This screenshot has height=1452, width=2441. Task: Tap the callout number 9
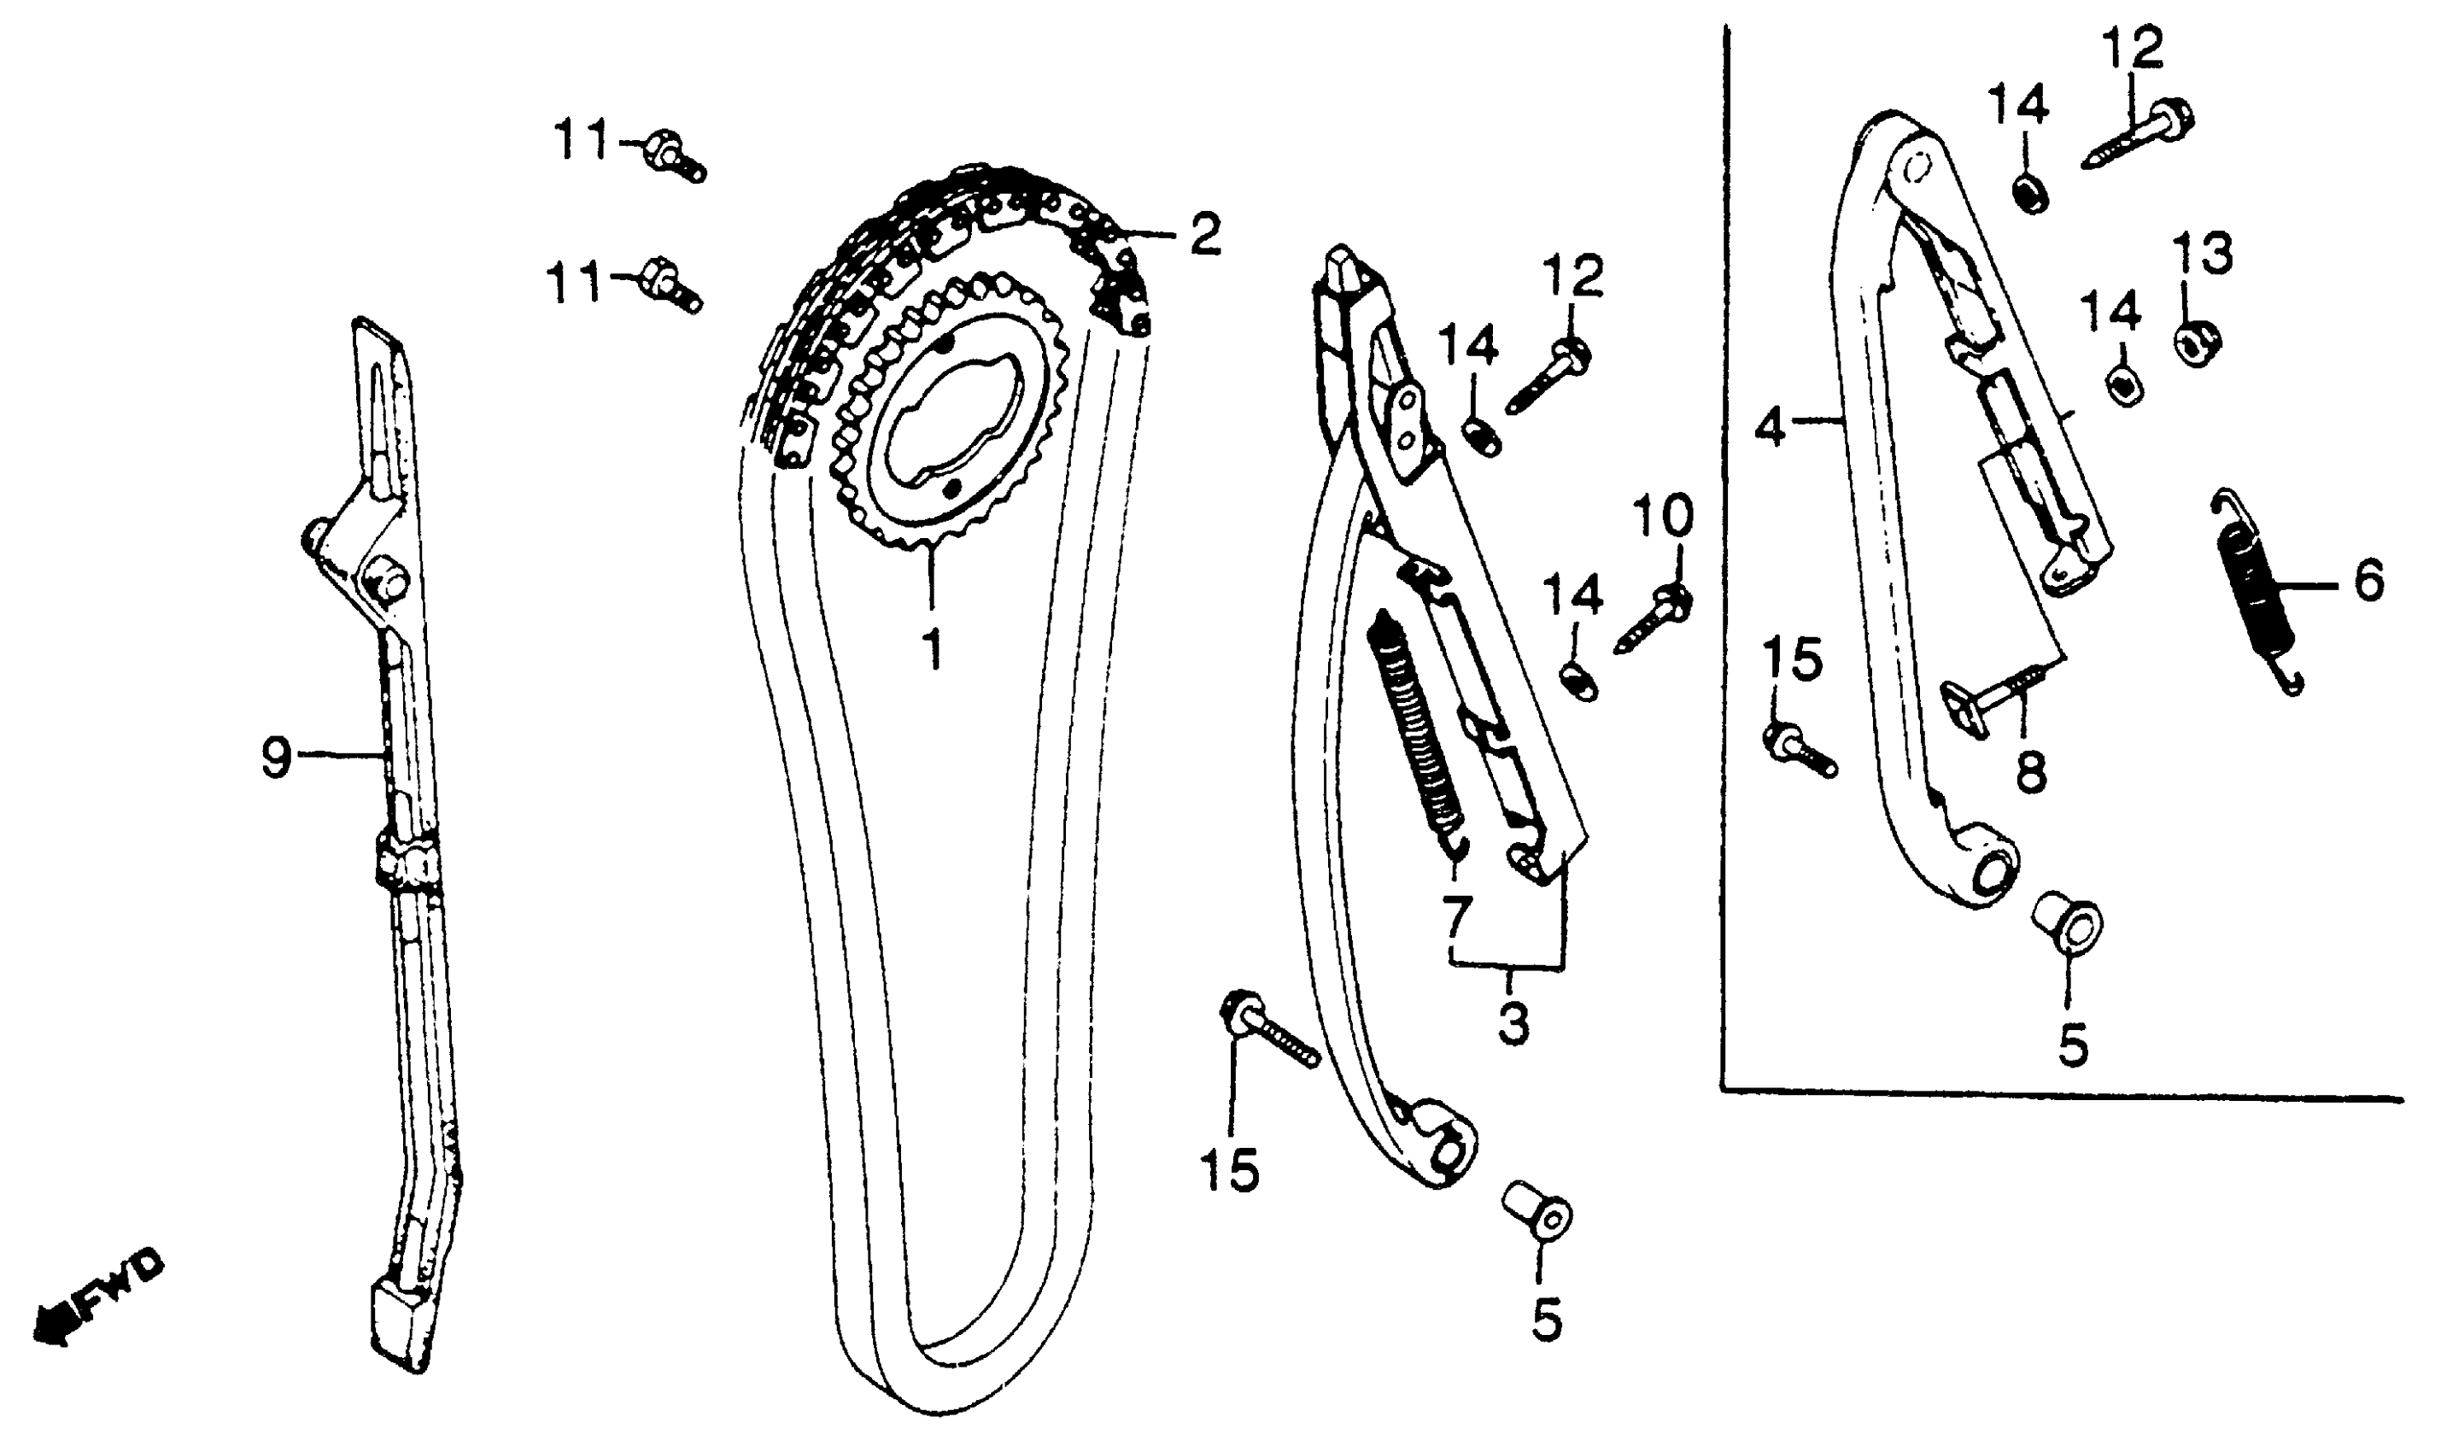pyautogui.click(x=277, y=757)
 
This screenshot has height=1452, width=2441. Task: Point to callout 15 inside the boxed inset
pyautogui.click(x=1794, y=659)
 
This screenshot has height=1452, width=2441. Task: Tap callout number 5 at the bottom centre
pyautogui.click(x=1546, y=1319)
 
